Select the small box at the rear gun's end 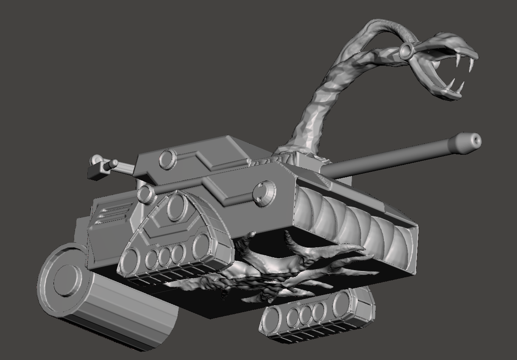pyautogui.click(x=95, y=172)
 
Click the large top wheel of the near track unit pyautogui.click(x=175, y=207)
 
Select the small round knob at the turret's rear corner pyautogui.click(x=145, y=193)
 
